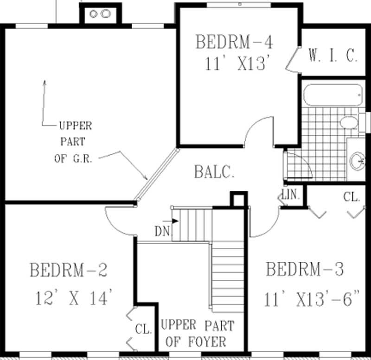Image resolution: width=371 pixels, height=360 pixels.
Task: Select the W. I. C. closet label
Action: (x=333, y=56)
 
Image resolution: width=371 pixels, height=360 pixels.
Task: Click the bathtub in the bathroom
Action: (x=333, y=95)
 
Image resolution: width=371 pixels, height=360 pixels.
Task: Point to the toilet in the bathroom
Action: (x=349, y=122)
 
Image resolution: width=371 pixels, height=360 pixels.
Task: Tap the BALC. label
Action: (x=214, y=173)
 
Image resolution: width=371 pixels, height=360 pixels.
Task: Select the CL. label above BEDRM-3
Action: (x=352, y=197)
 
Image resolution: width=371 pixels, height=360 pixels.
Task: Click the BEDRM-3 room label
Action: (x=305, y=269)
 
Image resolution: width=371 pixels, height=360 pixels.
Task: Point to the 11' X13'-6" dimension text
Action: (x=312, y=299)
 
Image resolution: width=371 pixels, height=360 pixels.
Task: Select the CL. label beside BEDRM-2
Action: (x=143, y=329)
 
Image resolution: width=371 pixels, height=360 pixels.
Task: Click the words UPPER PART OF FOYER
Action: (x=197, y=334)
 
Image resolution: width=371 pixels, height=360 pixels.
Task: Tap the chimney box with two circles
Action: (x=100, y=14)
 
